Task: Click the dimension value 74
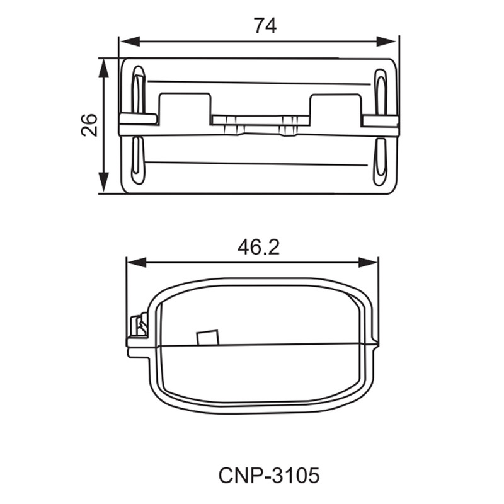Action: (x=265, y=26)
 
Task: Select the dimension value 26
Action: (x=89, y=125)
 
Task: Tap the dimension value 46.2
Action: (x=259, y=248)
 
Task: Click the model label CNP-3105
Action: (x=269, y=476)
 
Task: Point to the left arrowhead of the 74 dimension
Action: (x=130, y=42)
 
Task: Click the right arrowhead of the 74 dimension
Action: (x=386, y=42)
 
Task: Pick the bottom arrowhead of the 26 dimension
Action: (x=103, y=183)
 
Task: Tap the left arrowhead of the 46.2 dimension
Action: (x=137, y=262)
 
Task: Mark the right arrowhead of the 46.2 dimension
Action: (x=369, y=262)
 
